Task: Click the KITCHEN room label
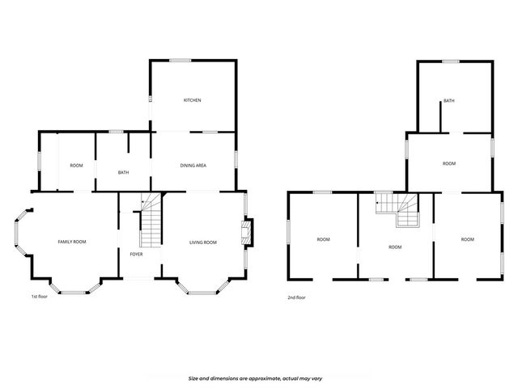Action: pos(192,100)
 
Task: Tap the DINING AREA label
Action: pos(193,165)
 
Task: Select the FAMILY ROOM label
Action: pos(72,242)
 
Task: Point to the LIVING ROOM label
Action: pos(203,242)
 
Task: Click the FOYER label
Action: pos(136,254)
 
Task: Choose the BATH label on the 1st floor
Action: pos(123,172)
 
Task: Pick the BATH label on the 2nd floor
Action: pos(448,101)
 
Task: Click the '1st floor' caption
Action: pos(39,297)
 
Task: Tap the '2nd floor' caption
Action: pos(296,297)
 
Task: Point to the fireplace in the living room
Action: pos(246,232)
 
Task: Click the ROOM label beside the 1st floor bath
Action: pos(76,166)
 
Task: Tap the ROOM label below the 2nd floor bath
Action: pos(449,164)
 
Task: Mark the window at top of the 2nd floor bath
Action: pos(450,61)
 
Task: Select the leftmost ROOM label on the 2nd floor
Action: pos(323,239)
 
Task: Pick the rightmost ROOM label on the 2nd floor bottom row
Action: pos(467,239)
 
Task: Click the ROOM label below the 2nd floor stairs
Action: pos(395,247)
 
